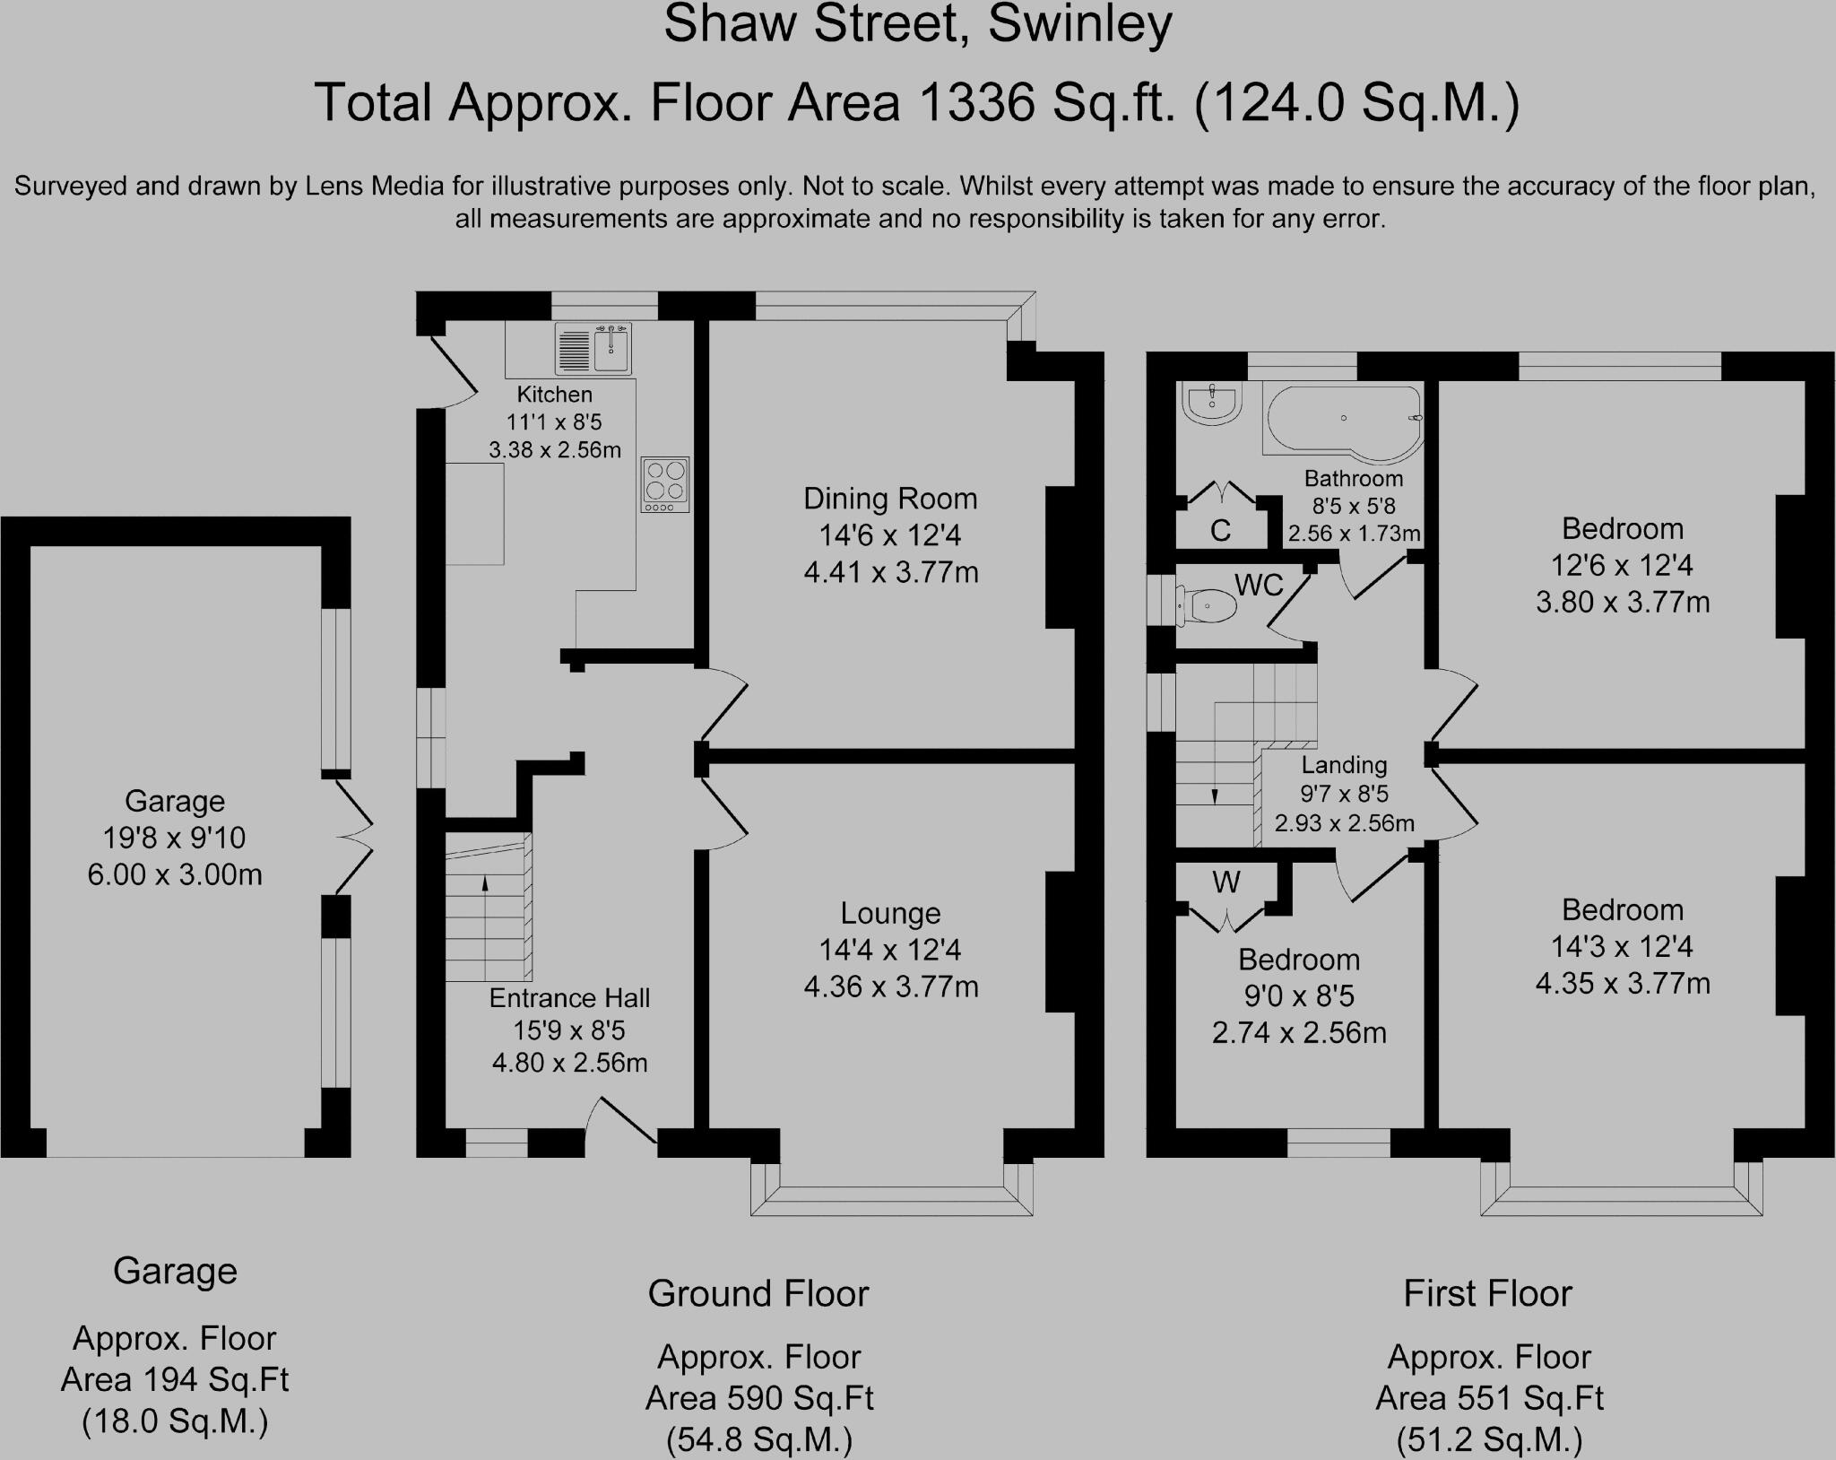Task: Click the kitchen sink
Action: [x=593, y=349]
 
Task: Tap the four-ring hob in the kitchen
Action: [x=665, y=485]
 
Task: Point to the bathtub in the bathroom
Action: [x=1343, y=419]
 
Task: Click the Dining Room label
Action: [x=890, y=499]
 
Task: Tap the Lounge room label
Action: [x=890, y=913]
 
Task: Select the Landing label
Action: [x=1344, y=765]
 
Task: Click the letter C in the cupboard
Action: [x=1220, y=531]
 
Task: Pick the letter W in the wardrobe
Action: [x=1226, y=882]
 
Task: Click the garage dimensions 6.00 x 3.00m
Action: [x=175, y=874]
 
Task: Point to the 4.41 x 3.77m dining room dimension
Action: [x=891, y=572]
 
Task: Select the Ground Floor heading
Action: [x=758, y=1294]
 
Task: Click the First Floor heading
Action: [x=1487, y=1294]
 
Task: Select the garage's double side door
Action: [x=354, y=837]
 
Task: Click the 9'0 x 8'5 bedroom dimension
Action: [x=1299, y=996]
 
